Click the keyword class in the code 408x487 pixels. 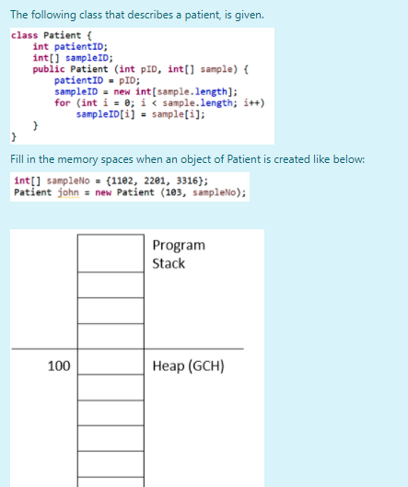pyautogui.click(x=24, y=35)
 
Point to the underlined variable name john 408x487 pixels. pyautogui.click(x=68, y=192)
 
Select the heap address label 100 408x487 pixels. pyautogui.click(x=59, y=365)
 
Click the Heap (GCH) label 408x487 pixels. pyautogui.click(x=188, y=365)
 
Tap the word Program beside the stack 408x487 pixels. pyautogui.click(x=179, y=246)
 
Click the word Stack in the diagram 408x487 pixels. pyautogui.click(x=169, y=263)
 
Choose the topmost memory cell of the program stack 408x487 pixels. pyautogui.click(x=111, y=253)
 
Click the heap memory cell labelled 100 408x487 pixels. pyautogui.click(x=111, y=362)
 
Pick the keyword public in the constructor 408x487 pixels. pyautogui.click(x=49, y=69)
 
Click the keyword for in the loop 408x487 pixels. pyautogui.click(x=63, y=102)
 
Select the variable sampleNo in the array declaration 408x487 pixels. pyautogui.click(x=68, y=180)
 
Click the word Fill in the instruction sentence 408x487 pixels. pyautogui.click(x=17, y=159)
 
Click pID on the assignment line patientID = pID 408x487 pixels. pyautogui.click(x=127, y=80)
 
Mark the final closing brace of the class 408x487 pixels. pyautogui.click(x=14, y=136)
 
